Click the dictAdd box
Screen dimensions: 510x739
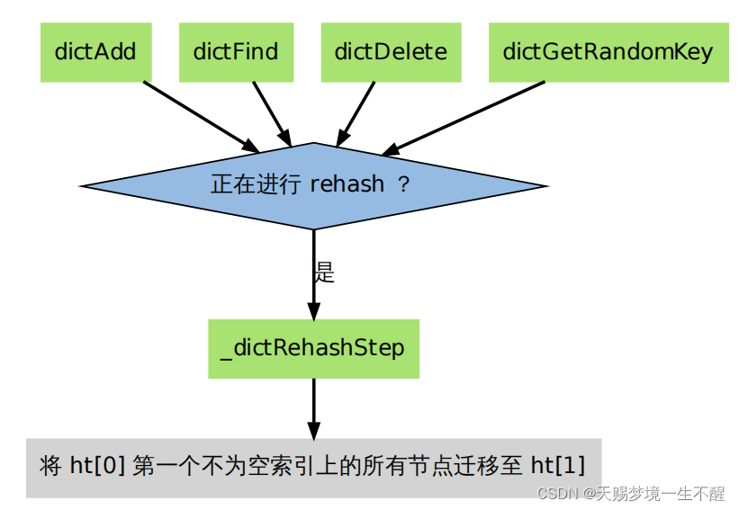[x=95, y=51]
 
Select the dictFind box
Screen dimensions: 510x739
[x=235, y=51]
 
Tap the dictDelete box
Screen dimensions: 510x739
[x=391, y=51]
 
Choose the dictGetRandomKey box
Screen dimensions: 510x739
[x=608, y=51]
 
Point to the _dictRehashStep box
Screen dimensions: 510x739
[x=313, y=348]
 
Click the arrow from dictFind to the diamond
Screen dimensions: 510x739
[x=272, y=114]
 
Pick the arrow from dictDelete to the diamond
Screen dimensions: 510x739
[x=356, y=114]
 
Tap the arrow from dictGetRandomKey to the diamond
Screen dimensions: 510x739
[x=464, y=118]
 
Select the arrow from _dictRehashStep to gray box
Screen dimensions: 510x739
[x=313, y=408]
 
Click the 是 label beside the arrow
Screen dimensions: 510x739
[x=325, y=273]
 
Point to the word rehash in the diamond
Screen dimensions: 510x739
[x=347, y=184]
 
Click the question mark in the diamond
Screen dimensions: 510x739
[x=403, y=184]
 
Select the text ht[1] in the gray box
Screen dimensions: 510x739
[x=557, y=467]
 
